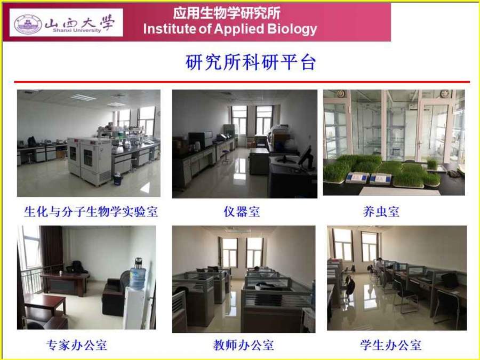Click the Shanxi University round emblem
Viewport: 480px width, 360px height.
click(x=28, y=23)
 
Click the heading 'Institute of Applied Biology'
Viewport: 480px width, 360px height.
click(x=230, y=29)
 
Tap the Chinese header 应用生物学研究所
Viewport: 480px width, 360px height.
click(x=227, y=13)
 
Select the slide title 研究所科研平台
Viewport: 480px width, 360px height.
click(x=251, y=62)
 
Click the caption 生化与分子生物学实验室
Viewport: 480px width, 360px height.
click(x=91, y=211)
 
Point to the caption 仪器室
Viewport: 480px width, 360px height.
click(x=242, y=211)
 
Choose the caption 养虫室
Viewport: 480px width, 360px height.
click(x=381, y=211)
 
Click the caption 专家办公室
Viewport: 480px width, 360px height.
click(x=76, y=345)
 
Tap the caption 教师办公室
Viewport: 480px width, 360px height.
click(x=244, y=345)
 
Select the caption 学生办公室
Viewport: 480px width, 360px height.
click(x=390, y=345)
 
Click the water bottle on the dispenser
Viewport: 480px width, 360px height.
click(x=138, y=275)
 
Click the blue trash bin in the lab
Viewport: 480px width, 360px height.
click(x=117, y=179)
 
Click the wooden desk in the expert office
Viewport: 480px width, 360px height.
click(x=65, y=284)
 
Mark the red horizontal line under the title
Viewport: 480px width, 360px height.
click(x=242, y=82)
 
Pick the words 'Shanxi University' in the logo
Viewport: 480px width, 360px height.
click(x=76, y=30)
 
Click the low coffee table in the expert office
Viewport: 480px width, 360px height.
click(x=45, y=305)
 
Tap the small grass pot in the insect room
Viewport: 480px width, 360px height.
click(x=432, y=164)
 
